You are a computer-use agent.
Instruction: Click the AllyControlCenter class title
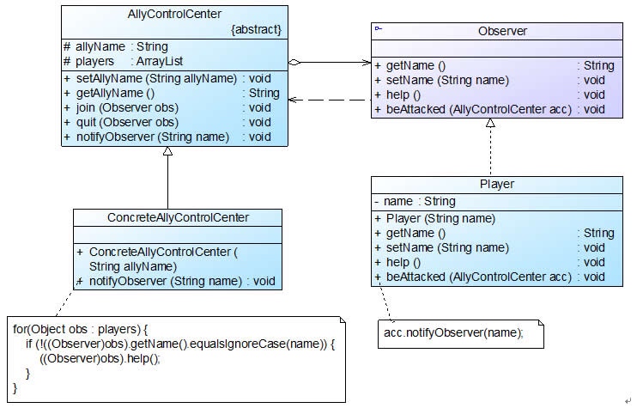[x=174, y=15]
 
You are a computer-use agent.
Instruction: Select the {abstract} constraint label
[x=256, y=29]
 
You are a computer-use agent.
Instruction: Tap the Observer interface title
[x=502, y=31]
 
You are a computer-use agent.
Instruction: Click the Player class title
[x=497, y=184]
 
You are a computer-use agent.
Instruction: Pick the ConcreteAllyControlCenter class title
[x=178, y=217]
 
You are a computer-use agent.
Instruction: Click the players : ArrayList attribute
[x=123, y=61]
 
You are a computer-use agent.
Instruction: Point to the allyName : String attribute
[x=116, y=46]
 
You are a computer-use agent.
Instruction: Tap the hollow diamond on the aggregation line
[x=294, y=62]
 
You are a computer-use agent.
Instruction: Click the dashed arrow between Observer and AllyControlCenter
[x=330, y=100]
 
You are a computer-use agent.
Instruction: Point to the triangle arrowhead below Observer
[x=490, y=123]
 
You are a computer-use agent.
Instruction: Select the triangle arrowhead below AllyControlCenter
[x=167, y=151]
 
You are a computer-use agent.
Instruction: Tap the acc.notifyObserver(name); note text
[x=453, y=332]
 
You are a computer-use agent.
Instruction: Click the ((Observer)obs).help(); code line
[x=100, y=358]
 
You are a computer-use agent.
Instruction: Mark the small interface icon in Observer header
[x=379, y=28]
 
